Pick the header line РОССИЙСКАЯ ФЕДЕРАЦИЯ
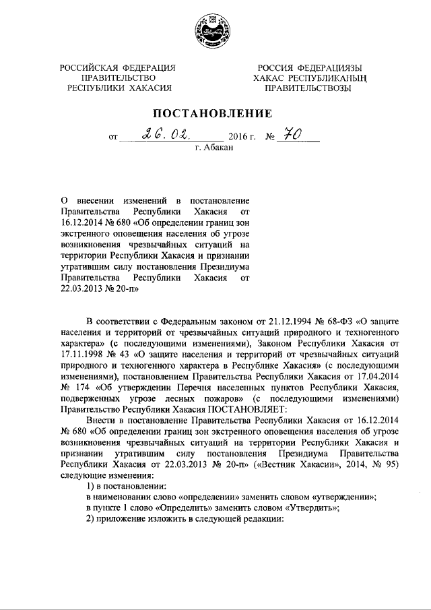(x=118, y=67)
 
